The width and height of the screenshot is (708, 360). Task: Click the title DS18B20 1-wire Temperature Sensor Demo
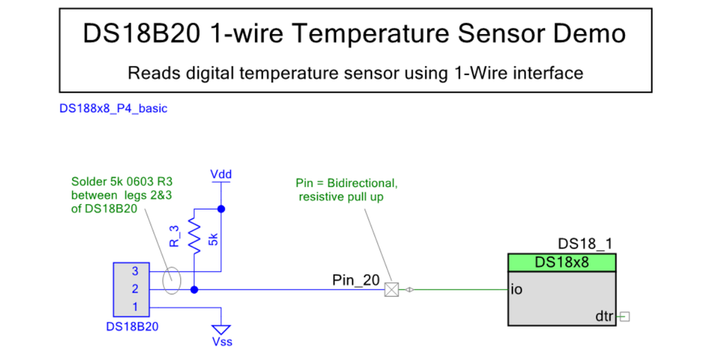coord(354,33)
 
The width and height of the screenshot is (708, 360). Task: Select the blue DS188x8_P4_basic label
coord(113,108)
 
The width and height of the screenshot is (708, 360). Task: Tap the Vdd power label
coord(221,174)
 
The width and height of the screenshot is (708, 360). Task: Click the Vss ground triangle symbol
coord(221,330)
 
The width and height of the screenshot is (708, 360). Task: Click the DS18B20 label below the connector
coord(132,327)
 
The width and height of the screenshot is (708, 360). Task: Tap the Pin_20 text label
coord(356,280)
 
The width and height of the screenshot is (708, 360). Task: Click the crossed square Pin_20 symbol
coord(391,289)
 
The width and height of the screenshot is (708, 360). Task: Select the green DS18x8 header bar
coord(562,262)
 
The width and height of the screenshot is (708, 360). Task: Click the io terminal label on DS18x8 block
coord(517,289)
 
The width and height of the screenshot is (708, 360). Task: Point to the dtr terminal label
coord(604,316)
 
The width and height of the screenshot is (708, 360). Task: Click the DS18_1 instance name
coord(585,244)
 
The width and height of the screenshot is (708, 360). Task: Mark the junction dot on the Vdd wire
coord(221,209)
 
